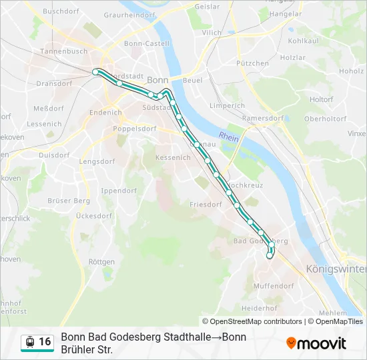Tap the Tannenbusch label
[x=63, y=51]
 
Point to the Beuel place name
[x=192, y=80]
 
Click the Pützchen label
[x=253, y=64]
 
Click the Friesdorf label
[x=206, y=204]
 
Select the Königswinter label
[x=336, y=269]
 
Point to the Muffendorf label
[x=274, y=285]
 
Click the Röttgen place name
[x=101, y=262]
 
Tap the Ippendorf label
[x=118, y=191]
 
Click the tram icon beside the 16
[x=29, y=342]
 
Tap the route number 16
[x=45, y=342]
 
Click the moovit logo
[x=316, y=343]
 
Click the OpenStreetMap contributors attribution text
[x=256, y=321]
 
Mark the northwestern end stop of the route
[x=95, y=71]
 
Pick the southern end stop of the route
[x=270, y=255]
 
